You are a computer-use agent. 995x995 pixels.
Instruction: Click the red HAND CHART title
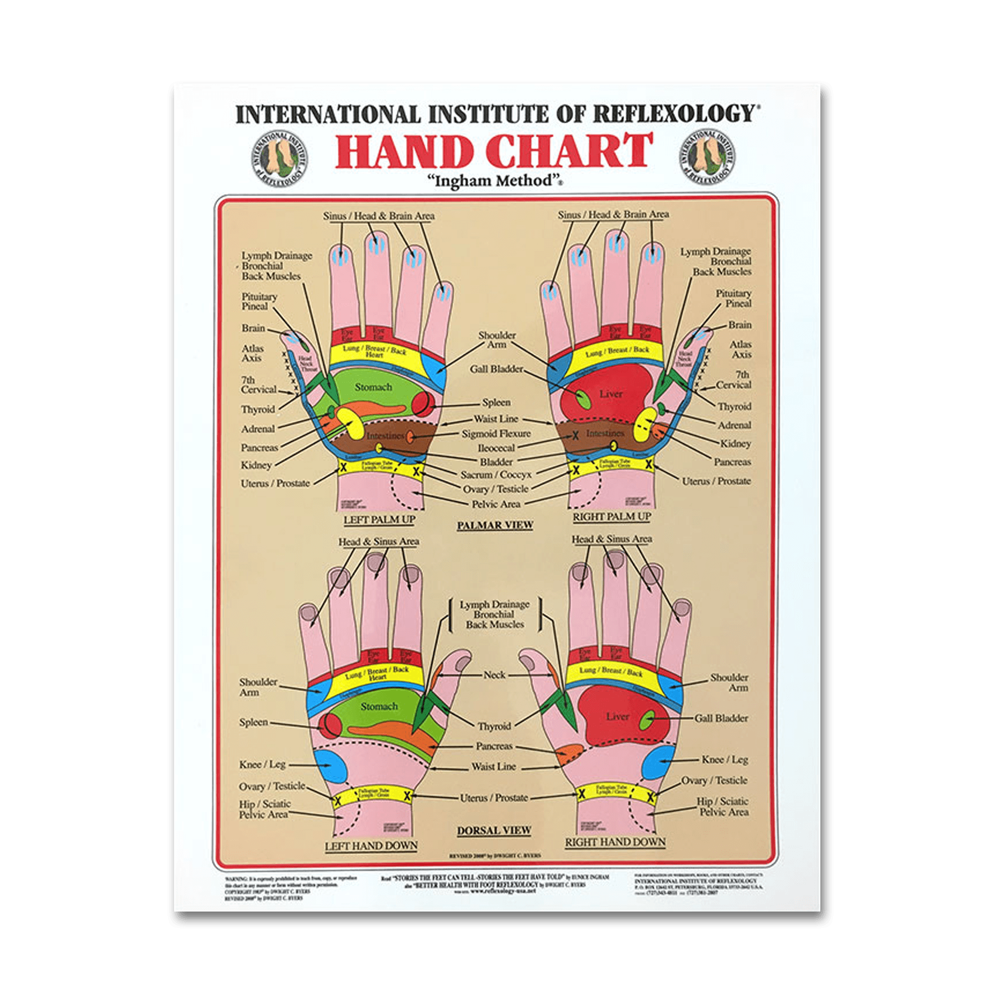click(494, 150)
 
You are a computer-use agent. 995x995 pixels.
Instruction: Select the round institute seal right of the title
click(707, 158)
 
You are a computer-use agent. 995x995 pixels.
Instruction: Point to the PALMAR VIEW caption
click(495, 525)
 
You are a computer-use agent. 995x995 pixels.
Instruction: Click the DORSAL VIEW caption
click(494, 830)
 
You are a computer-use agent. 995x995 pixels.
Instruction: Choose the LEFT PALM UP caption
click(379, 520)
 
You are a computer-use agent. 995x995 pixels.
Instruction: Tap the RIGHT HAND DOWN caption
click(615, 842)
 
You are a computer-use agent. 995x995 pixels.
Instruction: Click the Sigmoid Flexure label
click(496, 434)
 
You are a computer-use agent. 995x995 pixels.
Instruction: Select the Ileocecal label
click(496, 448)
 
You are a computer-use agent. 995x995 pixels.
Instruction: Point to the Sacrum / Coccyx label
click(496, 475)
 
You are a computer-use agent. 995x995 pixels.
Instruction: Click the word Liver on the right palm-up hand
click(611, 394)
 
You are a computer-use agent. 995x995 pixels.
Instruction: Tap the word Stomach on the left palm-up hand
click(373, 387)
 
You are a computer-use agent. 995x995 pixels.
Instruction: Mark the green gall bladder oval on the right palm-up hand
click(582, 400)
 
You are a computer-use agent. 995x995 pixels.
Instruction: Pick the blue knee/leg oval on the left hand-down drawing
click(330, 764)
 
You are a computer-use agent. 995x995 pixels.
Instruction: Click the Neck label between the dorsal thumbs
click(494, 675)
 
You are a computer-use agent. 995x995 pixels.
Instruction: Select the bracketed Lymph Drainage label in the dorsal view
click(495, 614)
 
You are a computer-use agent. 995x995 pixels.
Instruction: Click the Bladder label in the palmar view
click(496, 462)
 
